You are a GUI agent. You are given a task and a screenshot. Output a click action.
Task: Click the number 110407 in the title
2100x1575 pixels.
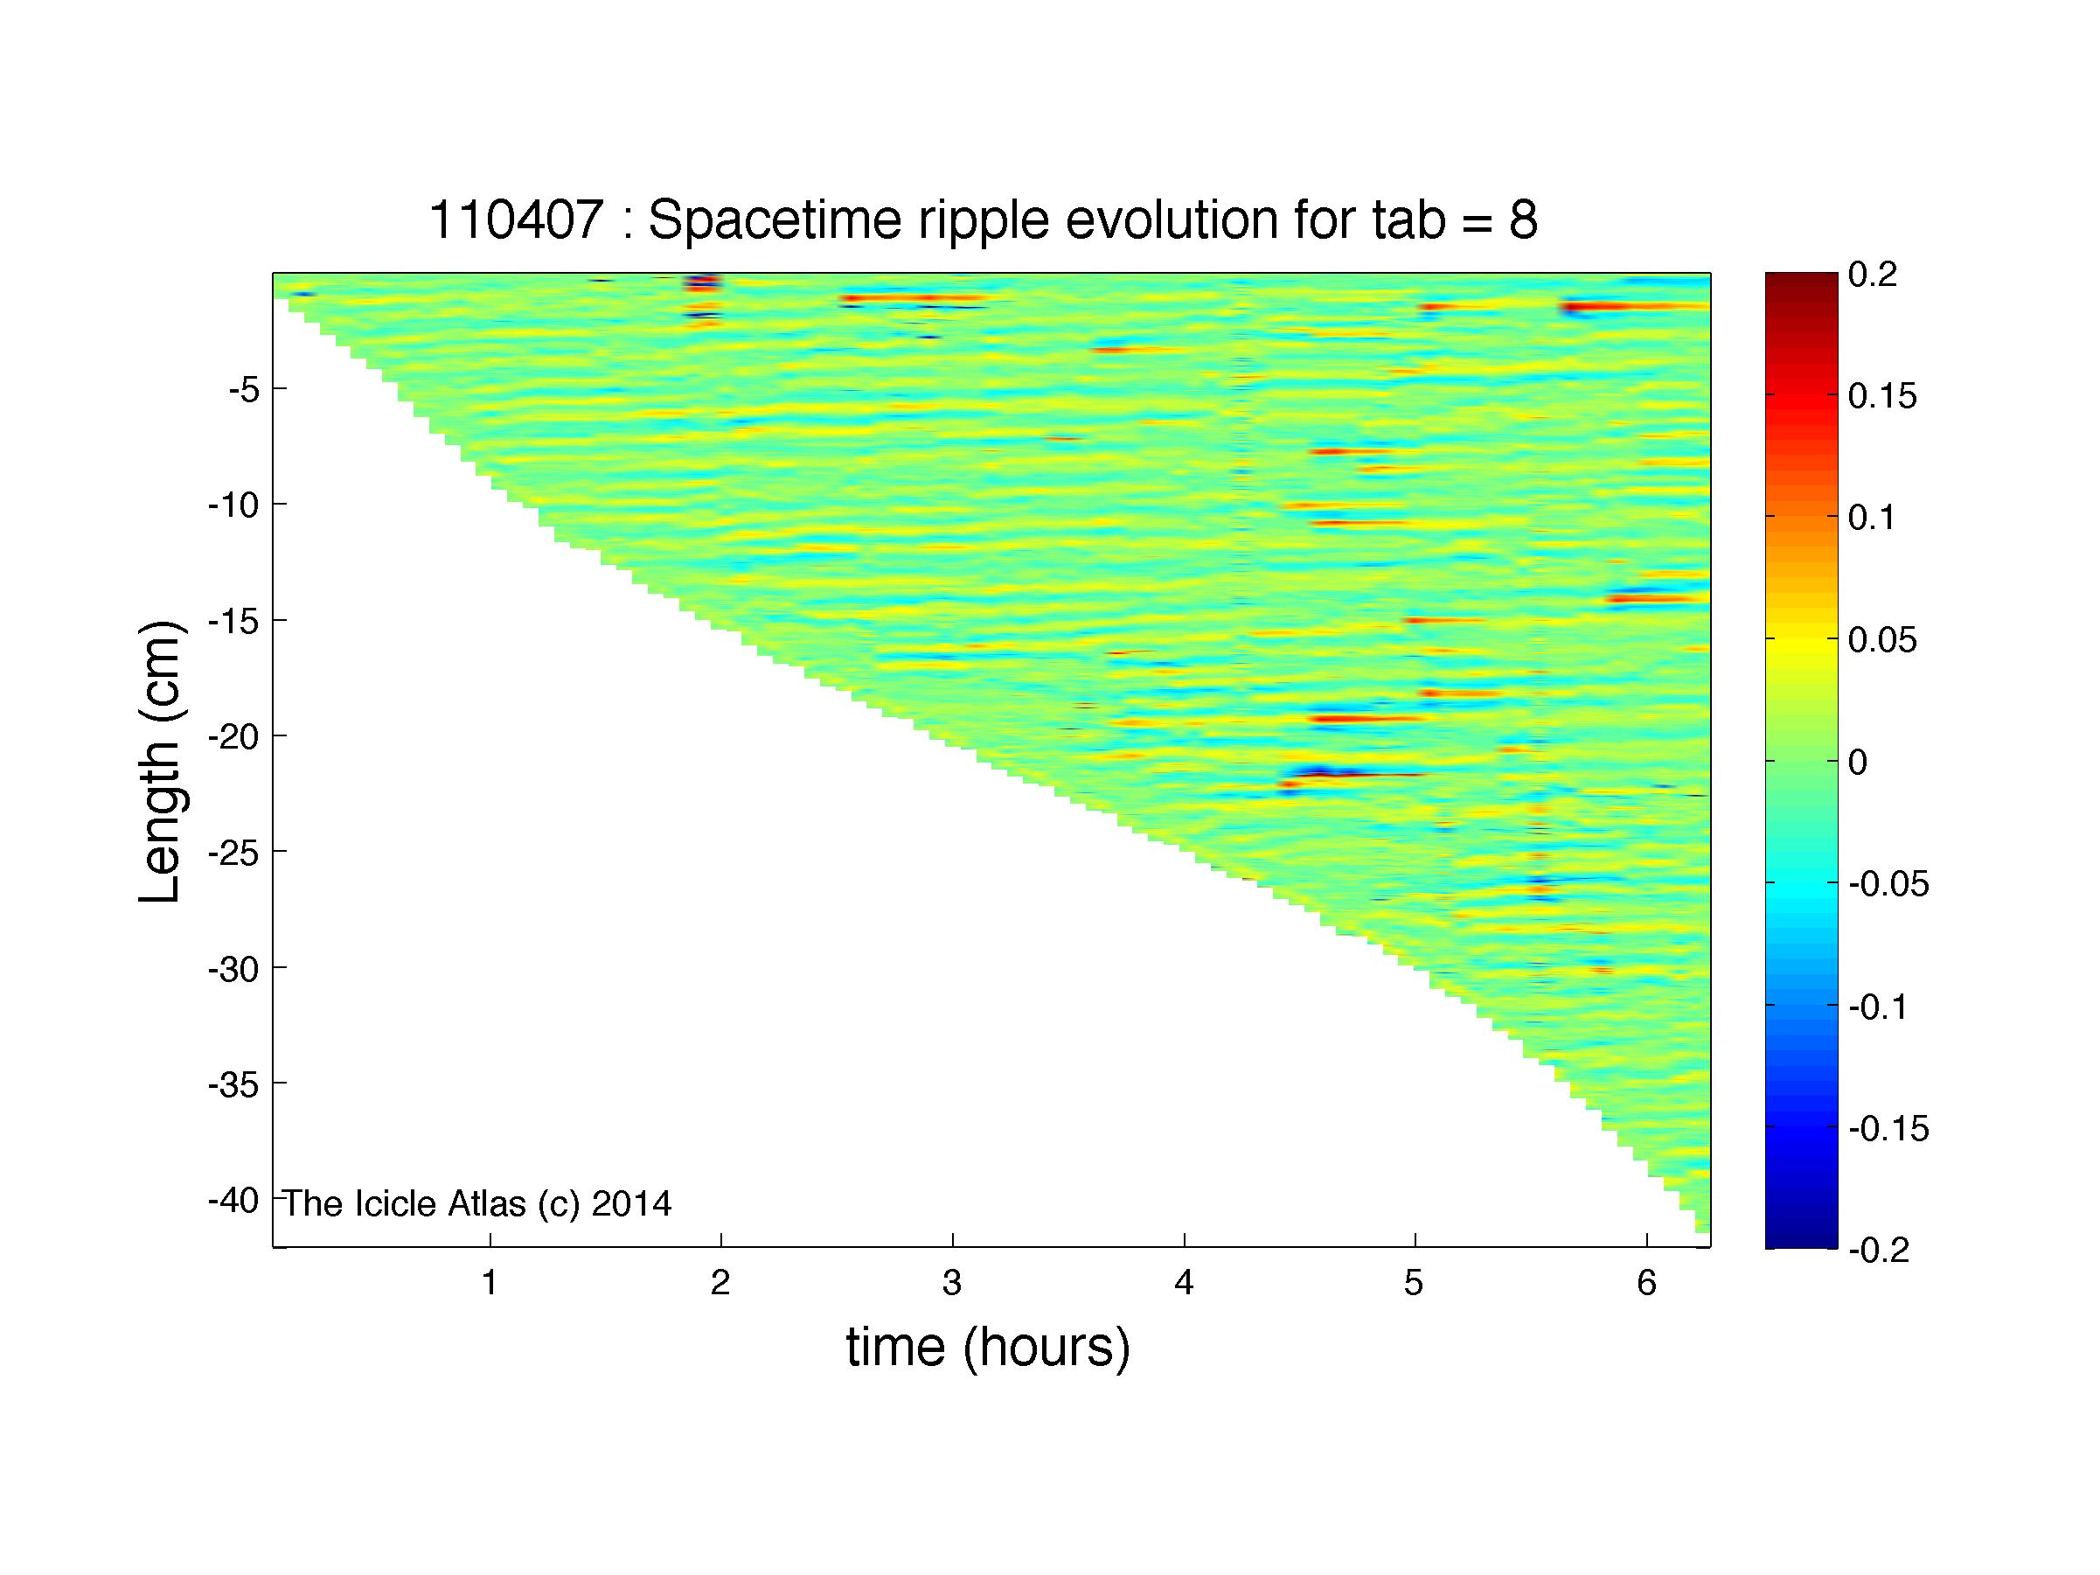tap(517, 220)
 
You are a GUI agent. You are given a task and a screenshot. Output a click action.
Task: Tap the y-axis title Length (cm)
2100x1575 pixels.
tap(159, 762)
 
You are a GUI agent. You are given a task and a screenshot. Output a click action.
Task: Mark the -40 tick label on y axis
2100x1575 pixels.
tap(233, 1200)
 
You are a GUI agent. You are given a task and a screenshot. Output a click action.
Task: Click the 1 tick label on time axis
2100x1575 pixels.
tap(490, 1284)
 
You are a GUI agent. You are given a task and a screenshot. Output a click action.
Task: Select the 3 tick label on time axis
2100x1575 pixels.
tap(952, 1284)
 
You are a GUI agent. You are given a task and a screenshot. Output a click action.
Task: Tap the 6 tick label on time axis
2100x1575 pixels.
tap(1646, 1284)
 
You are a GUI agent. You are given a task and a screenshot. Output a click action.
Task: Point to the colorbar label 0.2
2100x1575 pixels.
tap(1872, 275)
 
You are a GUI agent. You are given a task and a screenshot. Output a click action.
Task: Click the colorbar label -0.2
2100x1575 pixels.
tap(1878, 1251)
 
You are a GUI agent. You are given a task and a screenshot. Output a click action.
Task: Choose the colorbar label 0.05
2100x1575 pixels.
tap(1882, 641)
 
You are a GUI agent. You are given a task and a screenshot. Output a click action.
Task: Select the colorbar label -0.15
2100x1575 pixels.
tap(1888, 1129)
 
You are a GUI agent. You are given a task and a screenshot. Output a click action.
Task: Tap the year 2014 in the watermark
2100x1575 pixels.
tap(631, 1204)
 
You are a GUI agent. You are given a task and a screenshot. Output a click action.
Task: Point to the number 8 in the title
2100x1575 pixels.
tap(1523, 220)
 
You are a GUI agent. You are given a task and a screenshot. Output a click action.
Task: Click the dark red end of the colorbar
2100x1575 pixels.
tap(1801, 279)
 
